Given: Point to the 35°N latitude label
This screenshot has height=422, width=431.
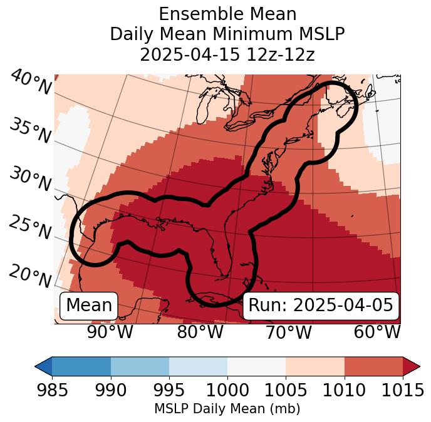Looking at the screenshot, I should click(31, 130).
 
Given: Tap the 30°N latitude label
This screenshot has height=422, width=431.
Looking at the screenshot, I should click(30, 180).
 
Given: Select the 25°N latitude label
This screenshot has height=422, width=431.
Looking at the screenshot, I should click(30, 228).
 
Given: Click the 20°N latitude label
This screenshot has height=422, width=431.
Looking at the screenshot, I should click(31, 275).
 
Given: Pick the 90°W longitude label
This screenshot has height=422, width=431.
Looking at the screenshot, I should click(110, 332).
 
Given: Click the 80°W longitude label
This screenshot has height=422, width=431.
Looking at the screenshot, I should click(200, 332).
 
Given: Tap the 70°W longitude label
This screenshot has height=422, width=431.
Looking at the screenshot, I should click(288, 332).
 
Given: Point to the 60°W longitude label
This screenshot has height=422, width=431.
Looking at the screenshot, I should click(376, 332).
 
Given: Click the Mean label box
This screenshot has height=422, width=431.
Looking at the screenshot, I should click(89, 306).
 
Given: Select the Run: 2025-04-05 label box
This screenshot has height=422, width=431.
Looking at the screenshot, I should click(321, 306).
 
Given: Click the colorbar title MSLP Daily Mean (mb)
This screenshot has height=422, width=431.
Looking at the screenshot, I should click(227, 409).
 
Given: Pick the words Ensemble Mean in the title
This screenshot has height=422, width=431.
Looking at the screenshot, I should click(227, 14).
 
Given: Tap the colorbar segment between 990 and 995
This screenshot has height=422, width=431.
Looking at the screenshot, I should click(140, 366).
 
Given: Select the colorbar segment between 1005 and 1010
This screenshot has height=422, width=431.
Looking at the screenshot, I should click(315, 366).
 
